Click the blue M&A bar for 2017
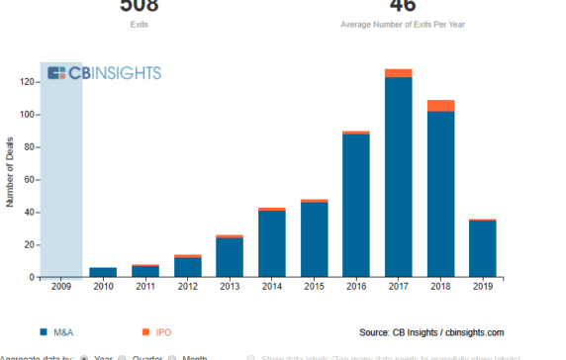point(398,177)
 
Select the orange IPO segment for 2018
point(440,106)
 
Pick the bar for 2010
point(103,272)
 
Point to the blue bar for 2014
point(272,243)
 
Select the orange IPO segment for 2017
point(398,73)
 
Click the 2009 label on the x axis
point(60,287)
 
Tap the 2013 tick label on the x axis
point(230,287)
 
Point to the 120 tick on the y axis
point(29,82)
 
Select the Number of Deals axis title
point(10,174)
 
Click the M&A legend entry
point(60,332)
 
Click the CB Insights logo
point(104,73)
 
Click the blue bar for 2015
point(314,239)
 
